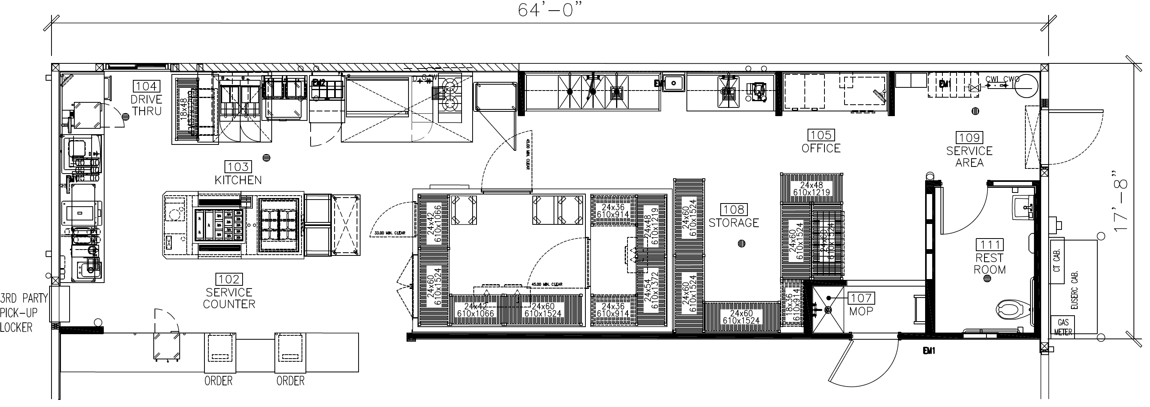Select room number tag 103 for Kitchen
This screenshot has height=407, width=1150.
click(x=238, y=167)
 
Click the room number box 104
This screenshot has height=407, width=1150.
click(x=146, y=87)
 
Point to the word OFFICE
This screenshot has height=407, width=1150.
click(x=821, y=148)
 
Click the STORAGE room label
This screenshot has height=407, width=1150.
click(x=734, y=222)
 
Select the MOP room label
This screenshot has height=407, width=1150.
click(x=861, y=311)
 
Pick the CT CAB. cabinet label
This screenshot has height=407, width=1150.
click(x=1057, y=261)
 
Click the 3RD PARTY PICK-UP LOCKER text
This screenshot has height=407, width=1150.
click(x=23, y=313)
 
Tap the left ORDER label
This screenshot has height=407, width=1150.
click(x=218, y=381)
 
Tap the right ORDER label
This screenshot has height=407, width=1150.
click(x=290, y=381)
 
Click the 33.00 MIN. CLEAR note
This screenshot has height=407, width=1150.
click(x=388, y=233)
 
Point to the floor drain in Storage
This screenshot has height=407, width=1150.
click(x=742, y=244)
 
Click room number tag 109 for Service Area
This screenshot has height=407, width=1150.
click(x=969, y=138)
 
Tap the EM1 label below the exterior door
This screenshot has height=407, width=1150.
click(x=929, y=351)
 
